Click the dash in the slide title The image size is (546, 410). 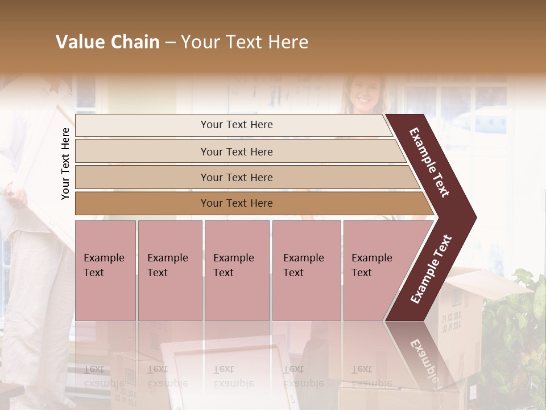(170, 43)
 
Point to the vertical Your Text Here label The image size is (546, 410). (65, 163)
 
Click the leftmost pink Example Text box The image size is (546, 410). (105, 270)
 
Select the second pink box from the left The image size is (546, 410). (170, 270)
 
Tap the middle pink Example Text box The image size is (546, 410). (237, 270)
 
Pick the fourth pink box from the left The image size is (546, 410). (307, 270)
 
